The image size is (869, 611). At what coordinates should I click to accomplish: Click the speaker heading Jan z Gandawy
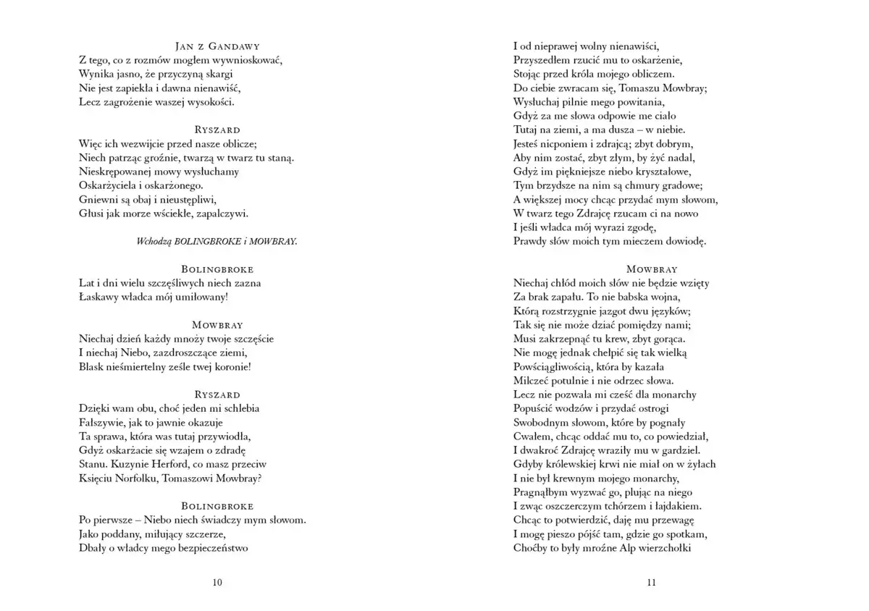pyautogui.click(x=217, y=46)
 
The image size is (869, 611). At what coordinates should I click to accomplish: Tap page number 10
pyautogui.click(x=217, y=583)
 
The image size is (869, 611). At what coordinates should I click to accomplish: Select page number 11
pyautogui.click(x=651, y=583)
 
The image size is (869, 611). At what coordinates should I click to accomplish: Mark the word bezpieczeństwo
pyautogui.click(x=214, y=548)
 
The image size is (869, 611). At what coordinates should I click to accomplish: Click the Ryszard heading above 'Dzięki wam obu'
pyautogui.click(x=217, y=395)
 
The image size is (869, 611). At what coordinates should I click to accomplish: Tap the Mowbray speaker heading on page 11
pyautogui.click(x=651, y=269)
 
